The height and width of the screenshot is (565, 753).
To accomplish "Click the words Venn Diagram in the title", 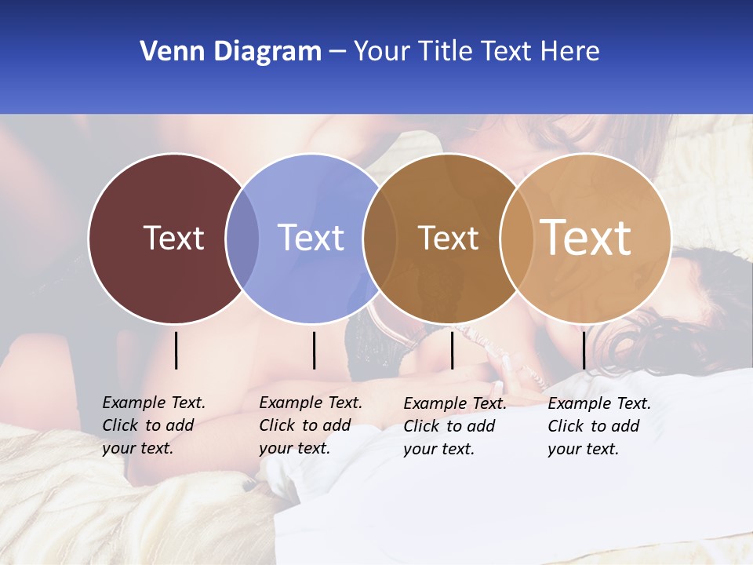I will point(231,52).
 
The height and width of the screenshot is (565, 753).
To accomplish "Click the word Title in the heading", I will point(446,52).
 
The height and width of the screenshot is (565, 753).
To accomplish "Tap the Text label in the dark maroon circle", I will point(173,238).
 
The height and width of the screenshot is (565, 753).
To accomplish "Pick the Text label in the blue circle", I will point(311,238).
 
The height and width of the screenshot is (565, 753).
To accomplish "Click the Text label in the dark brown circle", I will point(448,238).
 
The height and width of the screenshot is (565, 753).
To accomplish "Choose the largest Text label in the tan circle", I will point(586,237).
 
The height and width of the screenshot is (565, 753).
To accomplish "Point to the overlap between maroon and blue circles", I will point(243,239).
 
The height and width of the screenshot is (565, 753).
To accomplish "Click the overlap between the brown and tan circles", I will point(516,239).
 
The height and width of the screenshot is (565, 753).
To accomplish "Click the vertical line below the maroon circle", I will point(176,350).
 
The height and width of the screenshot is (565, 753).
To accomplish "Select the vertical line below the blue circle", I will point(314,350).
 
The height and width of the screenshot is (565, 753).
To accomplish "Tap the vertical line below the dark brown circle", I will point(452,350).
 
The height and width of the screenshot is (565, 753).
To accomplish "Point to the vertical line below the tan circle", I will point(584,350).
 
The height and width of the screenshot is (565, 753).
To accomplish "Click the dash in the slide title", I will point(337,52).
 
